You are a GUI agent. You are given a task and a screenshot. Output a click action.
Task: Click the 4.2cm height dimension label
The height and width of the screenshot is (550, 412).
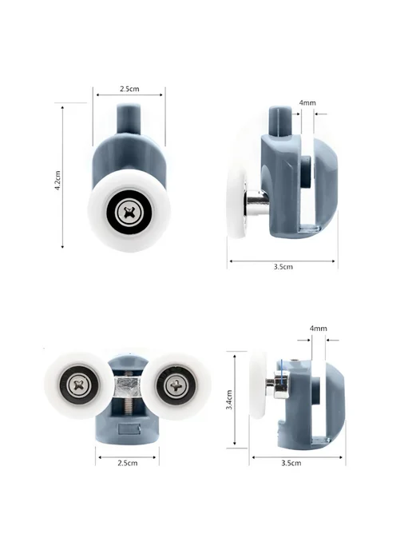pos(57,181)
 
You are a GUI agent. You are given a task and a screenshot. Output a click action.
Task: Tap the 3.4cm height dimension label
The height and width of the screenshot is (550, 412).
pos(229,400)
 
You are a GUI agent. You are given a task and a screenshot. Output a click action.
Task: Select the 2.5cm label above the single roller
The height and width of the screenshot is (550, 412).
pos(129,89)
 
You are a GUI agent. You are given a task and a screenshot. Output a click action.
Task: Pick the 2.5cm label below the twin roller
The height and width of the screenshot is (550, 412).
pos(128,463)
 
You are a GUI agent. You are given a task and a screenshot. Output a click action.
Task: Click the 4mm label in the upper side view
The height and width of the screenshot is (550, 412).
pos(307,103)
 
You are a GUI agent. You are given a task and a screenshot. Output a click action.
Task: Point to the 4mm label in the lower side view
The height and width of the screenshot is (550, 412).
pos(318,329)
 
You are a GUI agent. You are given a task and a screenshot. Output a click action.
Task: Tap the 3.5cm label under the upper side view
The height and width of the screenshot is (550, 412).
pos(283,266)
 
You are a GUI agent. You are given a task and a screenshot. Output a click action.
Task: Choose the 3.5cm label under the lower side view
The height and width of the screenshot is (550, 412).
pos(291,463)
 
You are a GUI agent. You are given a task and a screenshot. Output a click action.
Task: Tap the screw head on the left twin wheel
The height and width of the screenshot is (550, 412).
pos(81,385)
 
